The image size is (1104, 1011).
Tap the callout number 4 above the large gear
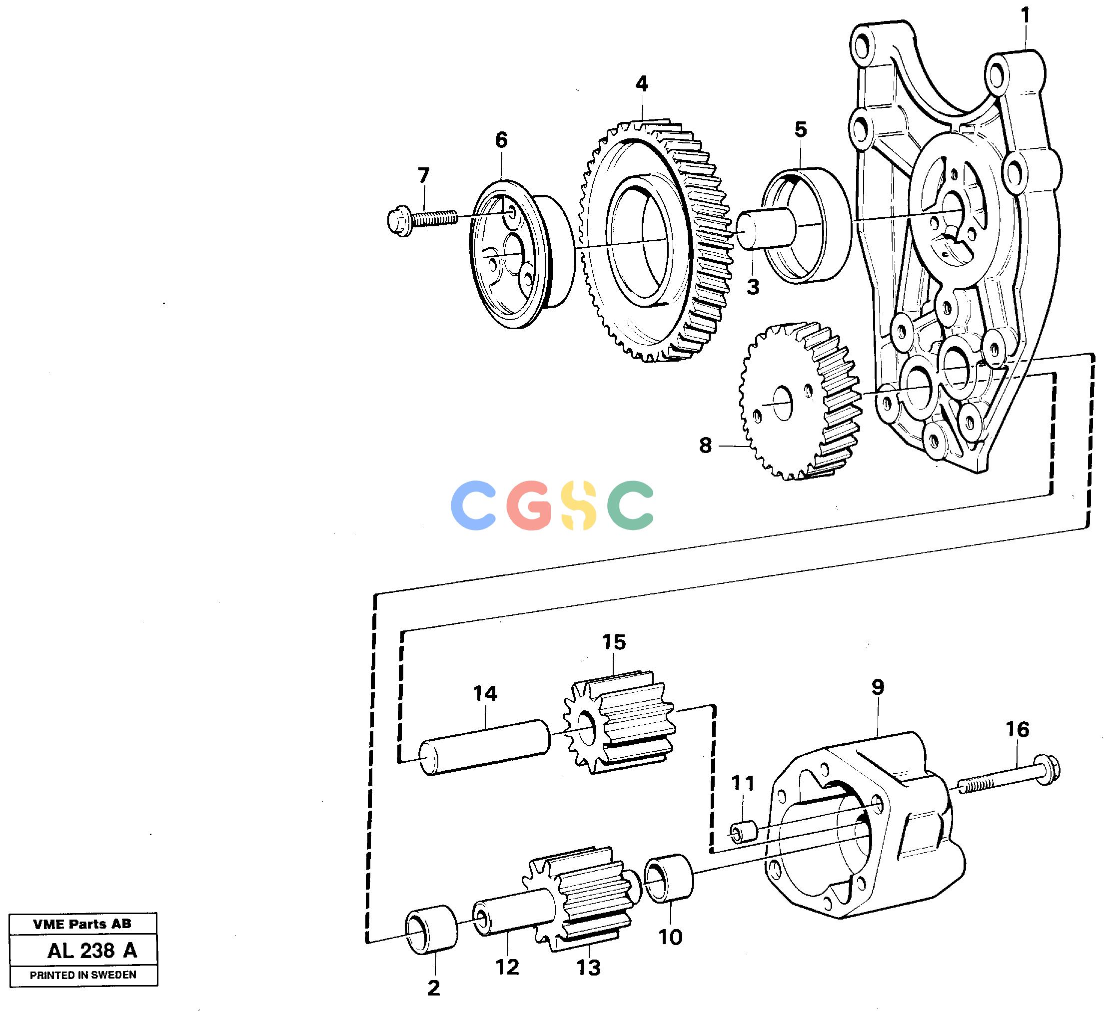click(642, 84)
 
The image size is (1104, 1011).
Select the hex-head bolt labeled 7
click(422, 220)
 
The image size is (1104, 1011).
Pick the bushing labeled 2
click(431, 931)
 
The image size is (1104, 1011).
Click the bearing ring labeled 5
click(807, 225)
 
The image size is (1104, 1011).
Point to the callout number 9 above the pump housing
click(877, 687)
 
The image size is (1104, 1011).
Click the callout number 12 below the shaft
click(507, 967)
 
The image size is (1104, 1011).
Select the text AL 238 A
click(92, 951)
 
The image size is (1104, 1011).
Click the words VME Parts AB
click(82, 925)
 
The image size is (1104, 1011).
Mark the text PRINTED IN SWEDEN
click(83, 975)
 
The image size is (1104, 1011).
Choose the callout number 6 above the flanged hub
click(501, 140)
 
